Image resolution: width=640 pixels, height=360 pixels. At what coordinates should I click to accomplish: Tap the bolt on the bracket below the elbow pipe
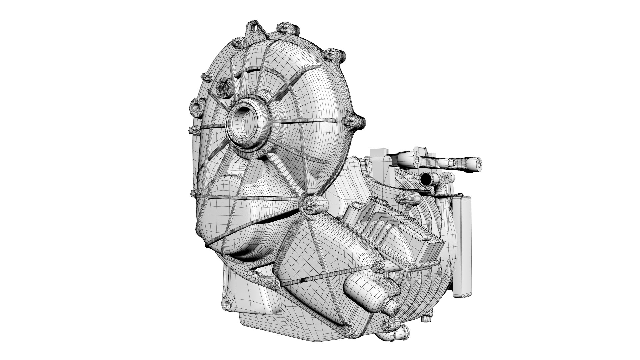[401, 199]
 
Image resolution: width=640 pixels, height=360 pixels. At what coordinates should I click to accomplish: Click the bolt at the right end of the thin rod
[379, 256]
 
